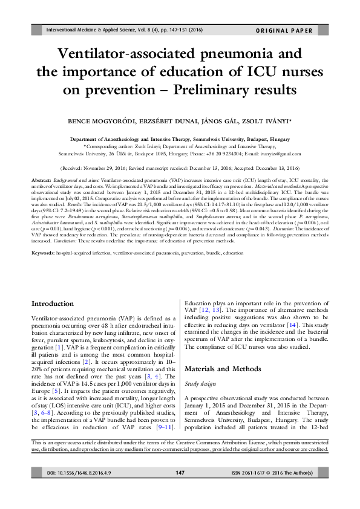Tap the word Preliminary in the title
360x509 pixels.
206,90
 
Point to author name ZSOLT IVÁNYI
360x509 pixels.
264,122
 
